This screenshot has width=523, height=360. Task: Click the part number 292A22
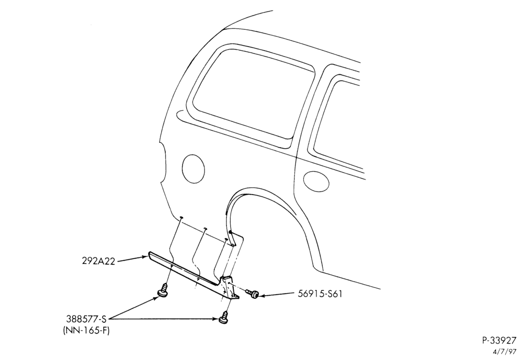pos(98,261)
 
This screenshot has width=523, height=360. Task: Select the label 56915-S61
pos(320,294)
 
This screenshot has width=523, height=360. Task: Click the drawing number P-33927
pos(499,340)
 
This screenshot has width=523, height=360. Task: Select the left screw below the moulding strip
pos(163,290)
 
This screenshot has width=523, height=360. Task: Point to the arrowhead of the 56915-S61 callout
pos(263,295)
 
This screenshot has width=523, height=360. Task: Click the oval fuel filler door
pos(194,168)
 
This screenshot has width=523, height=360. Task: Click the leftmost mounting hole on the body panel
pos(180,217)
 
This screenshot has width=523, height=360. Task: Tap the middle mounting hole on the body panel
pos(206,229)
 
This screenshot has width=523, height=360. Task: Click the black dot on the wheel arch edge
pos(230,232)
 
